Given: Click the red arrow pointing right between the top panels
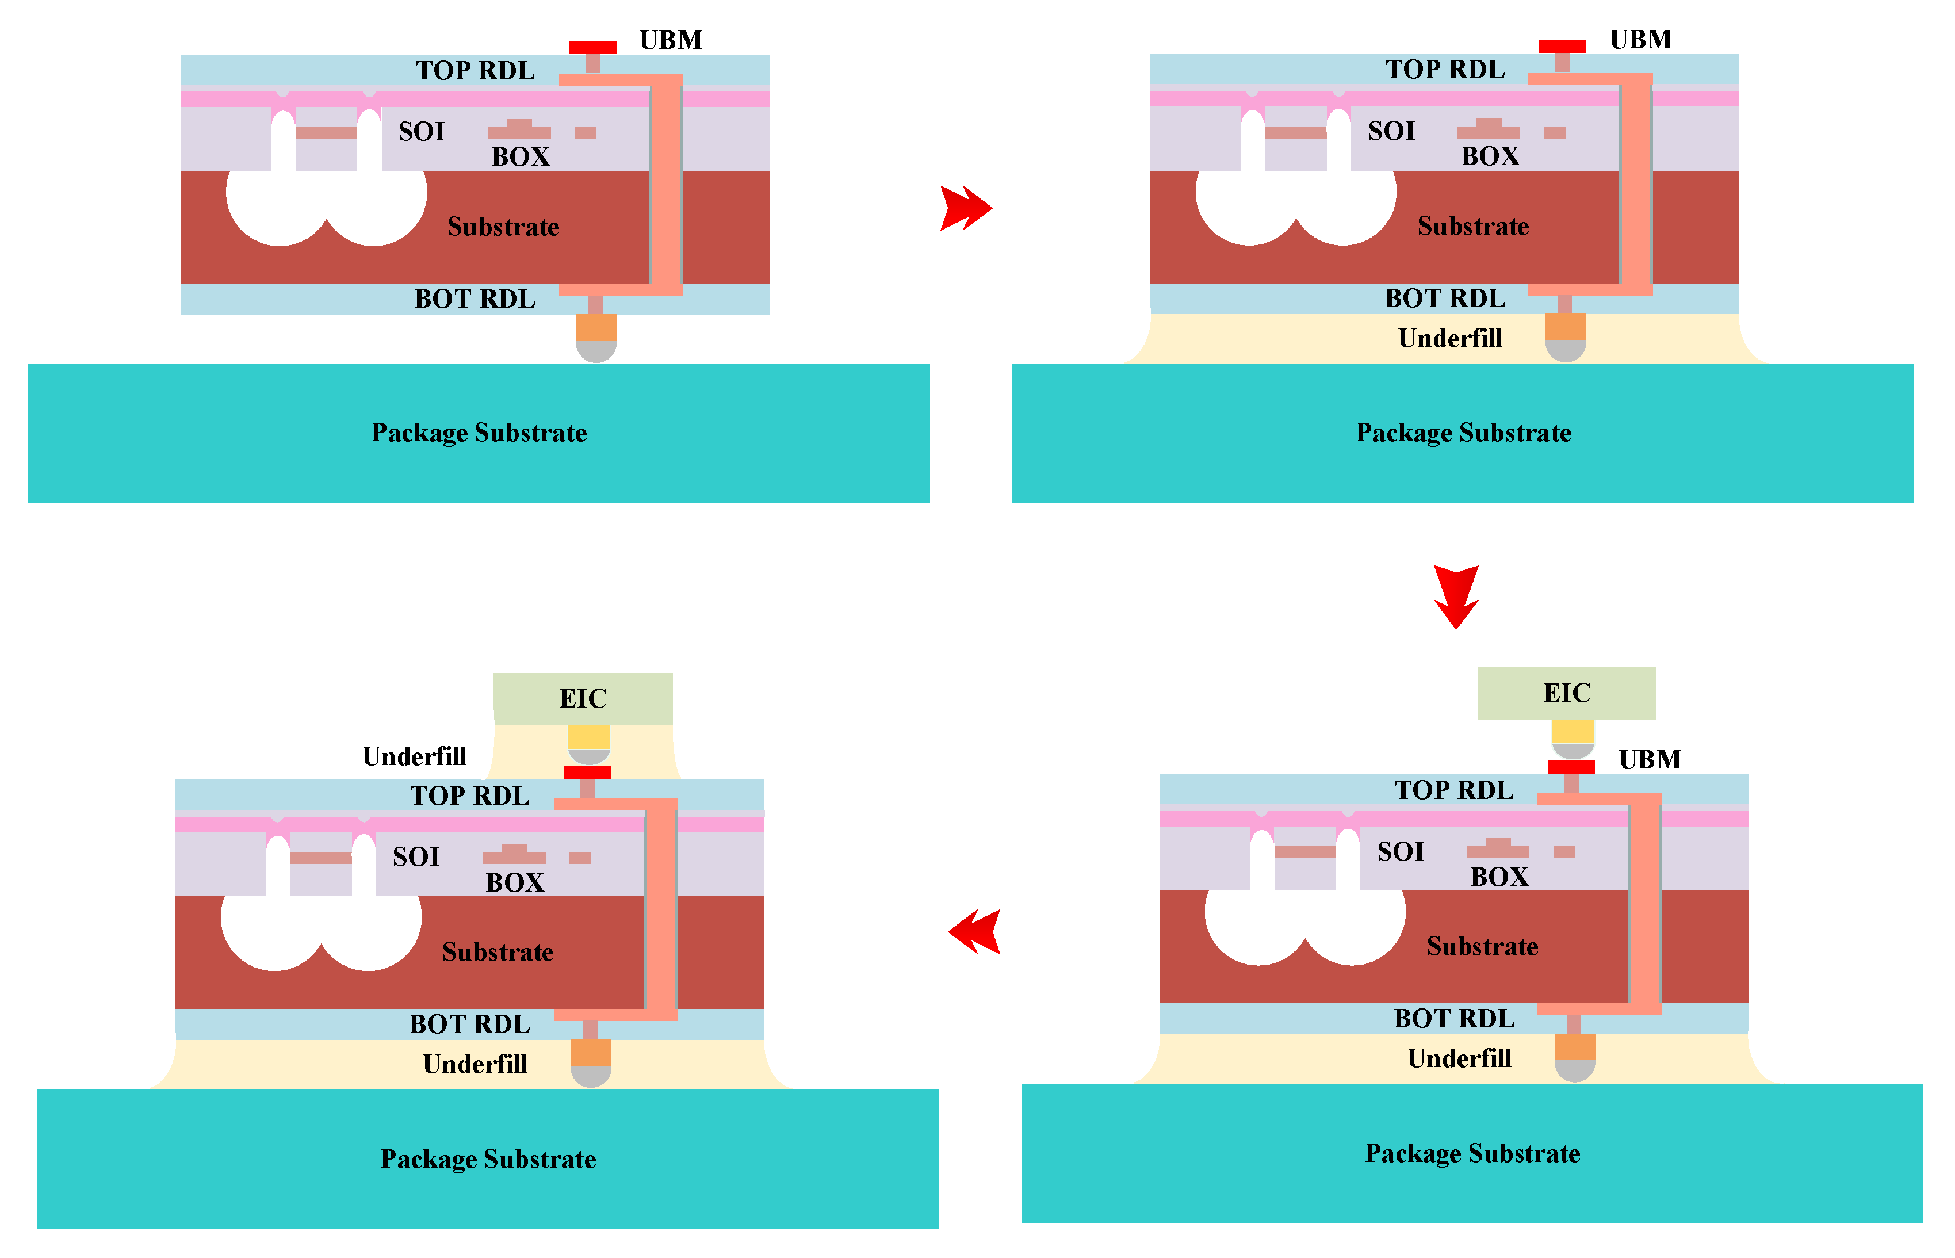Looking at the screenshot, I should (x=965, y=208).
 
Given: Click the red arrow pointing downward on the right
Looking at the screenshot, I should (x=1456, y=595).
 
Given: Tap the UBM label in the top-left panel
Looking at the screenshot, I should (x=671, y=40).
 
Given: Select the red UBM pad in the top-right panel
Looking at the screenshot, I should (x=1562, y=47).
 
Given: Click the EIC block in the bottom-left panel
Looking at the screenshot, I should (x=582, y=698).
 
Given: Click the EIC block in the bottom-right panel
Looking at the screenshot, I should (x=1566, y=693).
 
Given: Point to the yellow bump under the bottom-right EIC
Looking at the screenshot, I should (x=1573, y=731).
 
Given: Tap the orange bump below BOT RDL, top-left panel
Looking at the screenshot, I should (x=596, y=327).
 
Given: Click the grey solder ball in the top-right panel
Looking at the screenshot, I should (x=1566, y=350).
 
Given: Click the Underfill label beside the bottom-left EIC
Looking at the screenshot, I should (x=414, y=756).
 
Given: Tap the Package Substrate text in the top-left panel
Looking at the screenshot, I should (x=479, y=432).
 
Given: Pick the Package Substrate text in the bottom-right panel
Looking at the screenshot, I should (x=1472, y=1153).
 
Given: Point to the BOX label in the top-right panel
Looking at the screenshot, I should (x=1490, y=156).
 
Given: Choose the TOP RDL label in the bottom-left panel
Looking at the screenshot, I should (x=469, y=796).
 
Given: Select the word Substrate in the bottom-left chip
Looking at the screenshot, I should (x=498, y=951).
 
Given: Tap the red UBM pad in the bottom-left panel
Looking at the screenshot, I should (x=587, y=772).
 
